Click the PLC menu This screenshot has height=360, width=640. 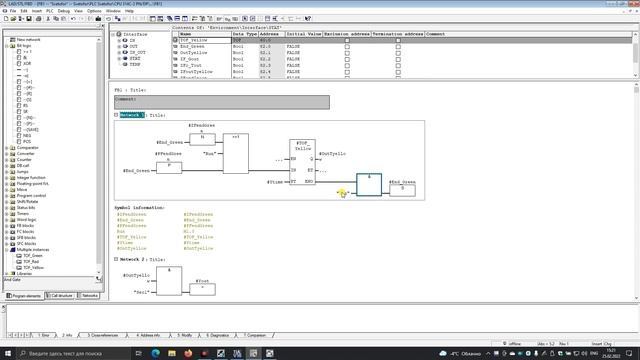coord(48,11)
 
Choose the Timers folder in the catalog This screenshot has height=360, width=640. coord(25,213)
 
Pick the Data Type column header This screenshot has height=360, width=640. coord(244,33)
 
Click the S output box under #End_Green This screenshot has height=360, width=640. coord(402,189)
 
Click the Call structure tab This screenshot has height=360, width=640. coord(61,296)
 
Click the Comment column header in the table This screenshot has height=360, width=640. coord(435,33)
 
